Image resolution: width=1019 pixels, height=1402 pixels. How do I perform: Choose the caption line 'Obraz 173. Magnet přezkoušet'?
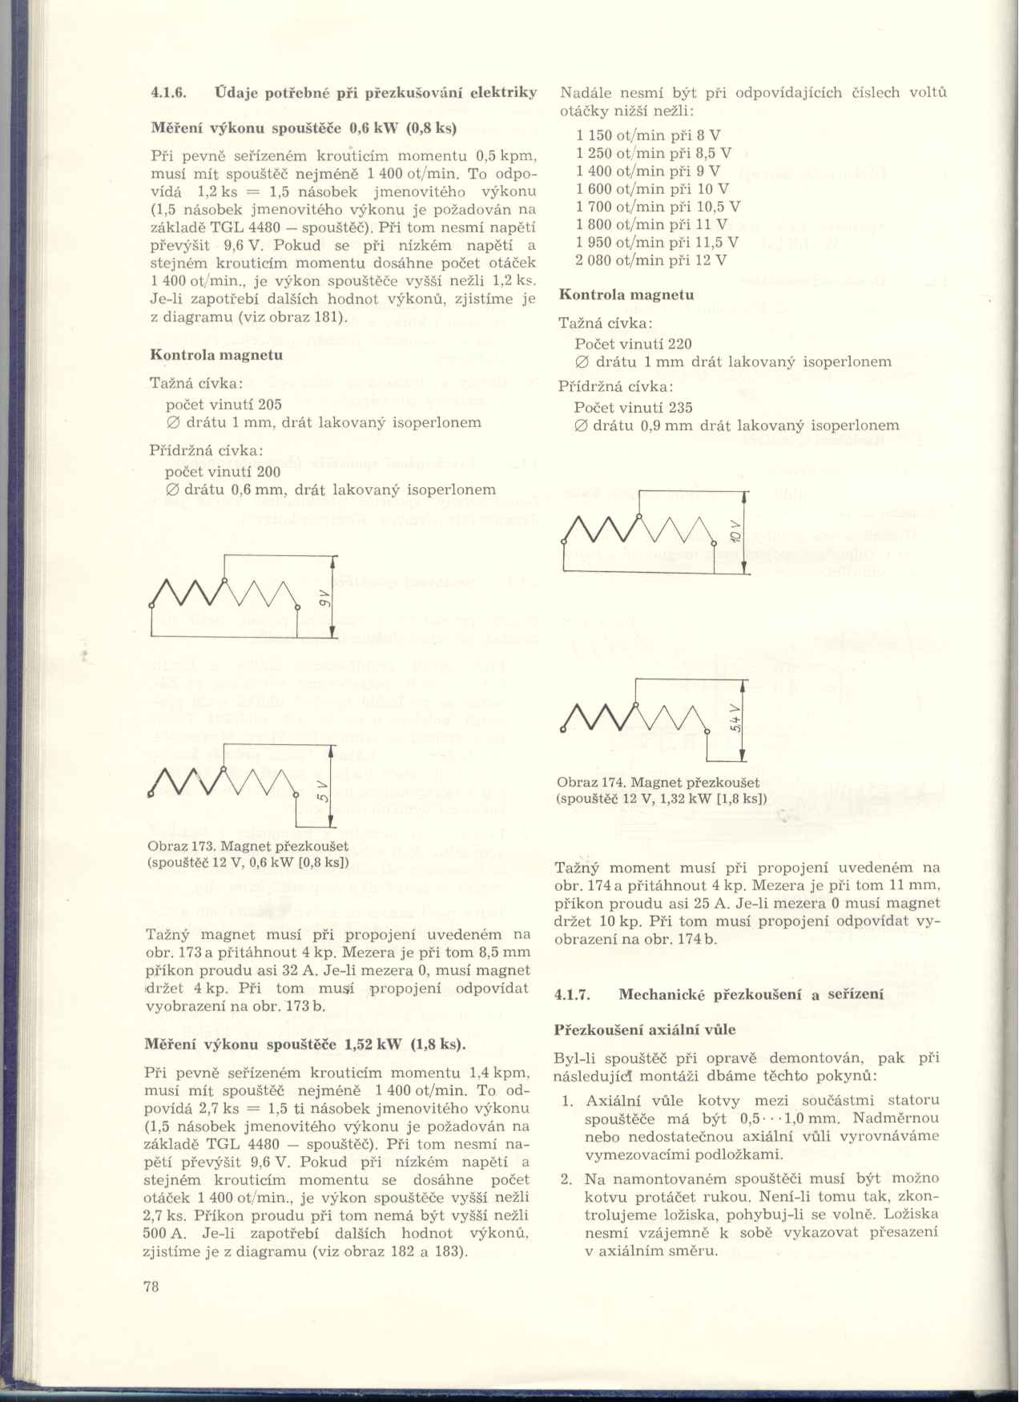[248, 846]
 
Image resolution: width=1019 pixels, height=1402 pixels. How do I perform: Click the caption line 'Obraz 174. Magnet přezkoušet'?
[658, 782]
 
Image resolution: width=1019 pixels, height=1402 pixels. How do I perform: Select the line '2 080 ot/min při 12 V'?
[650, 260]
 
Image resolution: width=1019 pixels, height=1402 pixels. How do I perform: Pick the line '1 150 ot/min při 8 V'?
[647, 135]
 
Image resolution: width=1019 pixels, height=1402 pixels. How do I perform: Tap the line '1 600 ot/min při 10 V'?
[652, 189]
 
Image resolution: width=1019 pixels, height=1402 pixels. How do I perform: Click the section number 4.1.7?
[572, 995]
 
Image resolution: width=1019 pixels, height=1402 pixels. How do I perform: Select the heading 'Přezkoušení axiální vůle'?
[645, 1029]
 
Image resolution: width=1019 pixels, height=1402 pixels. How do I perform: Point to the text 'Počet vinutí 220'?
[633, 344]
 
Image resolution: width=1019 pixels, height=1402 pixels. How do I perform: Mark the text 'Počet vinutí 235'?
[633, 408]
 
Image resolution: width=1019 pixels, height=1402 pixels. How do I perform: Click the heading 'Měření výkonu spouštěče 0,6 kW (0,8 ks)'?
[304, 128]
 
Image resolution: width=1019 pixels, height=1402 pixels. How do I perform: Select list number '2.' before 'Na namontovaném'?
[566, 1179]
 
